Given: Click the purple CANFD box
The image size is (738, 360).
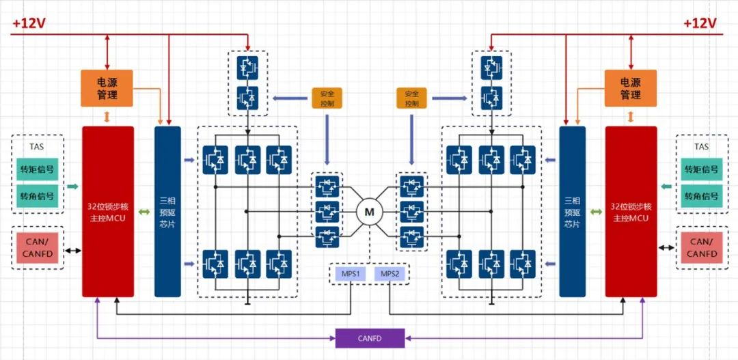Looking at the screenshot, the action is [x=370, y=338].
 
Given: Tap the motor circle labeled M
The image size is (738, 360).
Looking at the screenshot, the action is [x=370, y=212].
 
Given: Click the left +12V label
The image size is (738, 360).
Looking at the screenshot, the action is [x=29, y=23].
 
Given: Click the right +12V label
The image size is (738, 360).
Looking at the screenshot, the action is [x=700, y=23].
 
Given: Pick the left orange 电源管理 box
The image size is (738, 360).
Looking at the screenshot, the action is [x=107, y=88].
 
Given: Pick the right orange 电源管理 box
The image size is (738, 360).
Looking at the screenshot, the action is [x=630, y=88].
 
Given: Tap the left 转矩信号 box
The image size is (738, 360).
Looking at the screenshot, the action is [x=37, y=169].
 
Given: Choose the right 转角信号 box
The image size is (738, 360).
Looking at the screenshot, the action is [x=701, y=196].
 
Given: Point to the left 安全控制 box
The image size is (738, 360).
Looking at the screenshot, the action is [x=327, y=98].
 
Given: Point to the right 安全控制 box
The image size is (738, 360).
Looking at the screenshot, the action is [x=411, y=98].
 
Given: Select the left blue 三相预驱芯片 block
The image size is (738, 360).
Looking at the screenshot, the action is [x=167, y=211].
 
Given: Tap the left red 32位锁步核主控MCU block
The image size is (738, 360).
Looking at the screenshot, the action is [x=108, y=211].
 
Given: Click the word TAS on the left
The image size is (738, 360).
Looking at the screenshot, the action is [x=37, y=146].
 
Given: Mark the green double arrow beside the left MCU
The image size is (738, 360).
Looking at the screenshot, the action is [x=144, y=212].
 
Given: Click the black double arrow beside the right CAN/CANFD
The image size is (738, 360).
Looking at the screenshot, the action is [x=666, y=248].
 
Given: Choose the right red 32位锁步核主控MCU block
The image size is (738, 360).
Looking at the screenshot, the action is [x=631, y=211].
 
